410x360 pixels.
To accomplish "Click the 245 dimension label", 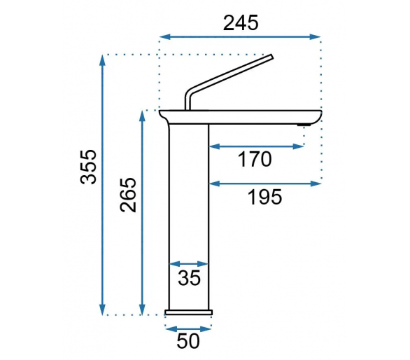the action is pos(241,23).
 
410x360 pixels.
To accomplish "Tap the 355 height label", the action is pos(88,167).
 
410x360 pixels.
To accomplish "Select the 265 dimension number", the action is pos(128,195).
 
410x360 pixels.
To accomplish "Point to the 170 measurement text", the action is pos(255,159).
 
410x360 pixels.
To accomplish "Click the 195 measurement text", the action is pos(264,197).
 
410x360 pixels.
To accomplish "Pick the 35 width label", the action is pos(189,277).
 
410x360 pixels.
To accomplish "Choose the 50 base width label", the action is pos(188,341).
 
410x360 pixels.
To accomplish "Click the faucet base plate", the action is pos(188,312).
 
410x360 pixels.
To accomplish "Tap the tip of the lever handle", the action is pos(271,57).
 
